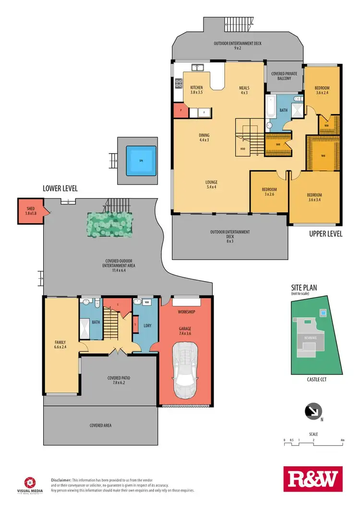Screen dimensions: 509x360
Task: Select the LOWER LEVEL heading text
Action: click(60, 188)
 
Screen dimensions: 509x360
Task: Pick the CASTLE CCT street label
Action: click(315, 379)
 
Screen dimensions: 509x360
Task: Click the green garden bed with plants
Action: click(109, 224)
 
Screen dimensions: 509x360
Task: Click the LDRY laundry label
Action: click(147, 326)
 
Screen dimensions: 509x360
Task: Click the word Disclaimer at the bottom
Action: click(61, 480)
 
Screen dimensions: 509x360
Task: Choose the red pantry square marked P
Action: click(180, 110)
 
